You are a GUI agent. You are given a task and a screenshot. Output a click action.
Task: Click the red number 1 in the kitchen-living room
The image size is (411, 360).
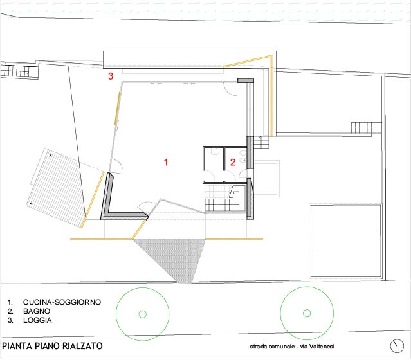(166, 162)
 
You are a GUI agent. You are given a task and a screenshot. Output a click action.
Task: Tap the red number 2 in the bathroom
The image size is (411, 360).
(233, 162)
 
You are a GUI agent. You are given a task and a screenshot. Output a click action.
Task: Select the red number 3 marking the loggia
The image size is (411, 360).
(111, 76)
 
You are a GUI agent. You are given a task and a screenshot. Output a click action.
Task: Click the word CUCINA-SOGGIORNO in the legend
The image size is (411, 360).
(62, 302)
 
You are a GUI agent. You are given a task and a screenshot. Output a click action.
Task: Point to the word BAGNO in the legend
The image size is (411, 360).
(37, 311)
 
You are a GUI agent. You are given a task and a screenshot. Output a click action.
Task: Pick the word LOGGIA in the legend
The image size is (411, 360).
(37, 320)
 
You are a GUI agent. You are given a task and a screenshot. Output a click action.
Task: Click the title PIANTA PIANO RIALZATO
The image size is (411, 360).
(52, 346)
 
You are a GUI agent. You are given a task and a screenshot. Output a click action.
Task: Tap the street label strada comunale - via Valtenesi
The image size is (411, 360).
(292, 346)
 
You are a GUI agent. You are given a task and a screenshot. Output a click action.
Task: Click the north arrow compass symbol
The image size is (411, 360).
(397, 346)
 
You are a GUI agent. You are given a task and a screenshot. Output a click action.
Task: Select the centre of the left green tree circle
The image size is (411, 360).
(143, 314)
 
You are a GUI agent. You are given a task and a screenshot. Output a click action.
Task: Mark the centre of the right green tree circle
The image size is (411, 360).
(307, 313)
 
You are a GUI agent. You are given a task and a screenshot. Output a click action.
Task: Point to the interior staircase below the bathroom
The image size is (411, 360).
(219, 198)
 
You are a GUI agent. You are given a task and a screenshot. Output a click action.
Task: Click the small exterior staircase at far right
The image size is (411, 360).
(361, 128)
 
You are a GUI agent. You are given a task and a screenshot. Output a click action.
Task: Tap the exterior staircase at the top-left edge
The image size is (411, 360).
(19, 71)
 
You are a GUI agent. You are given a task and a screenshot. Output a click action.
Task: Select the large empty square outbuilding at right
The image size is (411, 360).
(345, 241)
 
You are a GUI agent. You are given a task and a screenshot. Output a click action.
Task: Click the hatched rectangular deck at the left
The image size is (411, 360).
(55, 188)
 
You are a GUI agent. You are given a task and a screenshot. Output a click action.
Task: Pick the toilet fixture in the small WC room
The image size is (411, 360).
(215, 152)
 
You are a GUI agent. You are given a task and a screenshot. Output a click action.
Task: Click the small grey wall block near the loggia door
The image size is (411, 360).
(246, 80)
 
